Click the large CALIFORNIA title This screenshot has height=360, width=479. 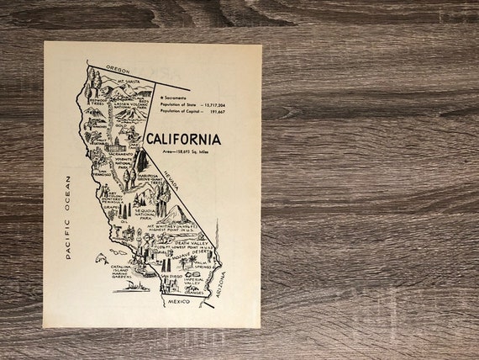(184, 140)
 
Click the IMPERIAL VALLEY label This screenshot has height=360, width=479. (195, 282)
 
